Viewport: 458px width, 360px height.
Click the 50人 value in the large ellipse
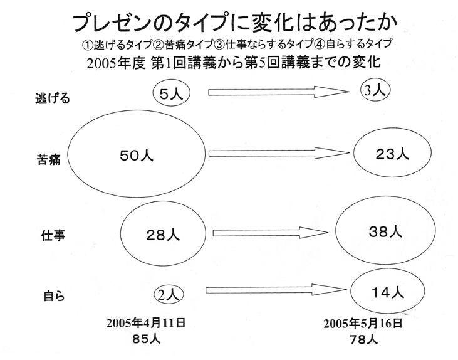coord(137,156)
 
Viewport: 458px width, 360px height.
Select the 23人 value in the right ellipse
coord(392,154)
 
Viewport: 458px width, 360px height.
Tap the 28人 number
coord(163,235)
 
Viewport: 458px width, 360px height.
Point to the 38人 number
coord(385,232)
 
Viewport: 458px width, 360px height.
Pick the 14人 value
coord(388,292)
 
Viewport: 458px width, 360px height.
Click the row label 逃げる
coord(53,98)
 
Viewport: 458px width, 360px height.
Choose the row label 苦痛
coord(49,160)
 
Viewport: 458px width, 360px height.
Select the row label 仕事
coord(53,235)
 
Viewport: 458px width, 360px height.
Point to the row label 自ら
coord(54,295)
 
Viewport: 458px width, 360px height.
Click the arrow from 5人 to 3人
coord(279,92)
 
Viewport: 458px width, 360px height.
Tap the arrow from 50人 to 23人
coord(279,153)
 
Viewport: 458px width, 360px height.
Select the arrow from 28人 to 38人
coord(271,233)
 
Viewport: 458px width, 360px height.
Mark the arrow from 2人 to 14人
coord(276,290)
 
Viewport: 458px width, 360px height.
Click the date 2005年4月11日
coord(146,323)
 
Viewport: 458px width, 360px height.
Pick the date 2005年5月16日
coord(363,324)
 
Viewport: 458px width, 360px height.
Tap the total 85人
coord(147,339)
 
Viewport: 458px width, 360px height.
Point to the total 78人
coord(363,339)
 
